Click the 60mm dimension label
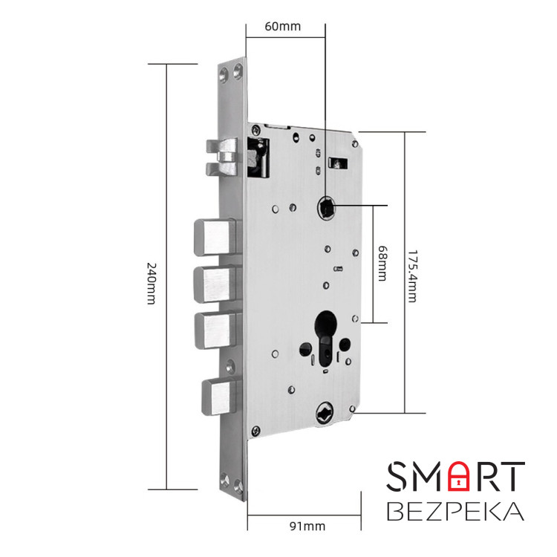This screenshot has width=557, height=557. tap(283, 26)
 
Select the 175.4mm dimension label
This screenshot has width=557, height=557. tap(411, 272)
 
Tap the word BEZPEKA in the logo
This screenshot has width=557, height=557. tap(456, 512)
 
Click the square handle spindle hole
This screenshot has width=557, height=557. tap(325, 206)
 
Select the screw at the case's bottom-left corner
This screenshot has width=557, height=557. tap(256, 429)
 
